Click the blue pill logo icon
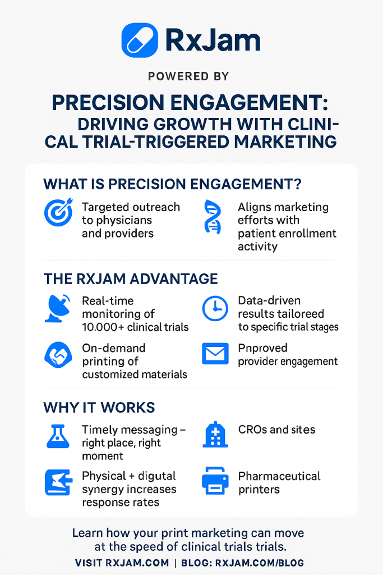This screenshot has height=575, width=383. point(140,40)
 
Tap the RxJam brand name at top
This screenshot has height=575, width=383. point(213,40)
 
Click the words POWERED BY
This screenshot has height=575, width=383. point(188,76)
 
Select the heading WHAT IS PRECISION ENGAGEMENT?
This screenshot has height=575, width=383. point(172,184)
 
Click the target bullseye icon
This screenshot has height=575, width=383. point(58,212)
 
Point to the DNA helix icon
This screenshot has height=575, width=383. point(213,217)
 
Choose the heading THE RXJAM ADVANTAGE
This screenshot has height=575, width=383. point(131,279)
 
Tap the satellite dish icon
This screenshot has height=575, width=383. point(58,308)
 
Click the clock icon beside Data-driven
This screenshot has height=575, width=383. point(215,308)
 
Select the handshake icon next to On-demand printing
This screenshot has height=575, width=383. point(58,355)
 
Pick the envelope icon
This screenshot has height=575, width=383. point(215,354)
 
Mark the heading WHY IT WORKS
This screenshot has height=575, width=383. point(99,408)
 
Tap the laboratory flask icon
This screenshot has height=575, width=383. point(58,436)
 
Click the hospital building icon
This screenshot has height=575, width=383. point(215,435)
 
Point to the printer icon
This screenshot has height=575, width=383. point(215,481)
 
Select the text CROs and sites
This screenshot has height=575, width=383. point(277,430)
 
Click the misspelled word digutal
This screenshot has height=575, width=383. point(157,476)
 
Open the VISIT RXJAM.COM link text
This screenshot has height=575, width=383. point(122,563)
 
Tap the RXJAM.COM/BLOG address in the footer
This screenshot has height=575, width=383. point(260,563)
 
